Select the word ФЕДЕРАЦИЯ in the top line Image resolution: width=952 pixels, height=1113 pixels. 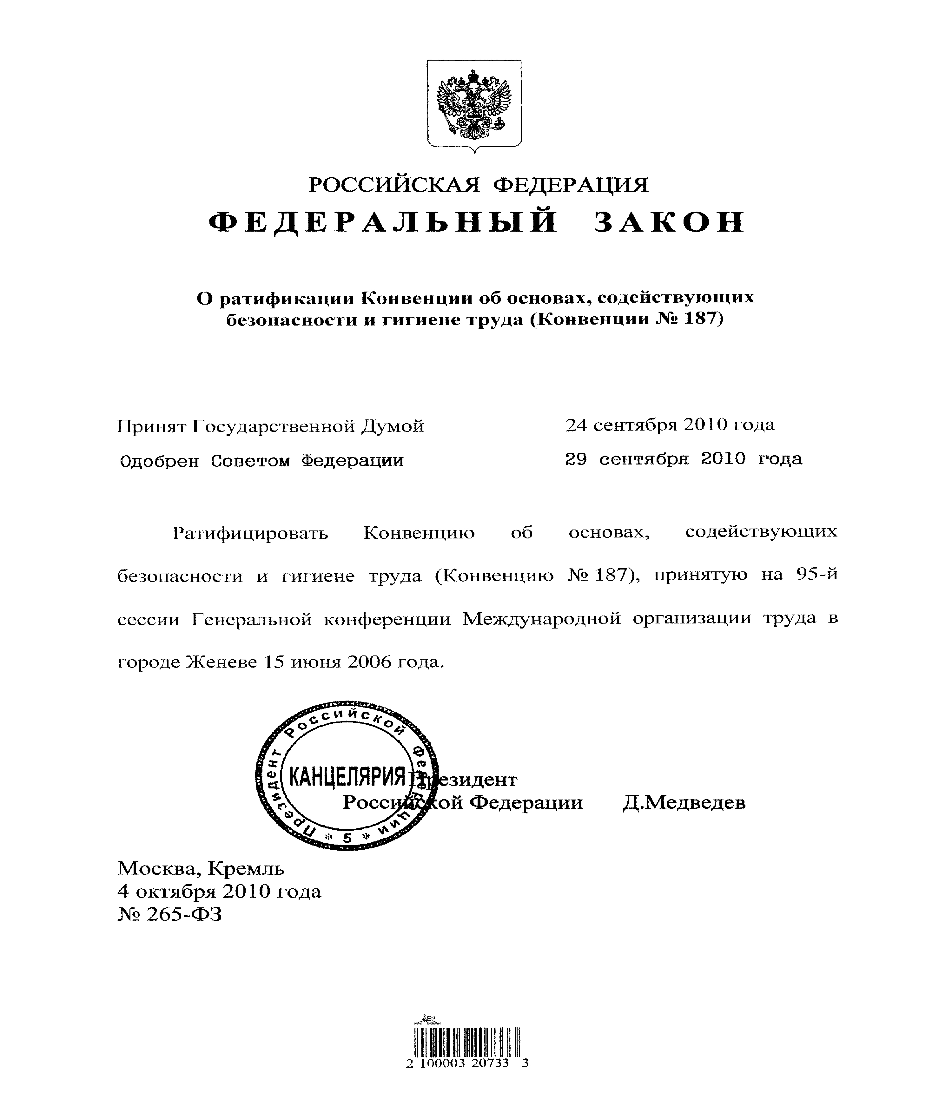point(571,185)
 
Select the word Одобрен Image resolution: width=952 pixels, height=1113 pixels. point(159,461)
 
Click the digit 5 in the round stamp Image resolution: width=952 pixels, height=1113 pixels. point(347,838)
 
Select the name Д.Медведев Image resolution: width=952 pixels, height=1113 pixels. point(684,802)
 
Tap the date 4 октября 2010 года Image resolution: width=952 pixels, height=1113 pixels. point(219,891)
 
